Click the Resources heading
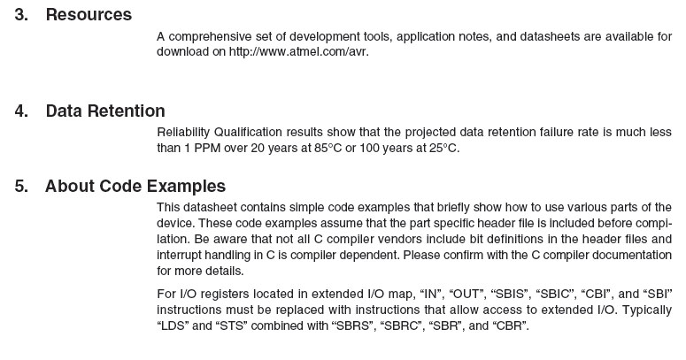pos(89,15)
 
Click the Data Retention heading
pos(105,111)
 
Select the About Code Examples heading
pos(135,187)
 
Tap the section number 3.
pos(20,15)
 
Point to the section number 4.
pos(20,111)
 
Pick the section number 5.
pos(20,187)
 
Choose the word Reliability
pos(185,133)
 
